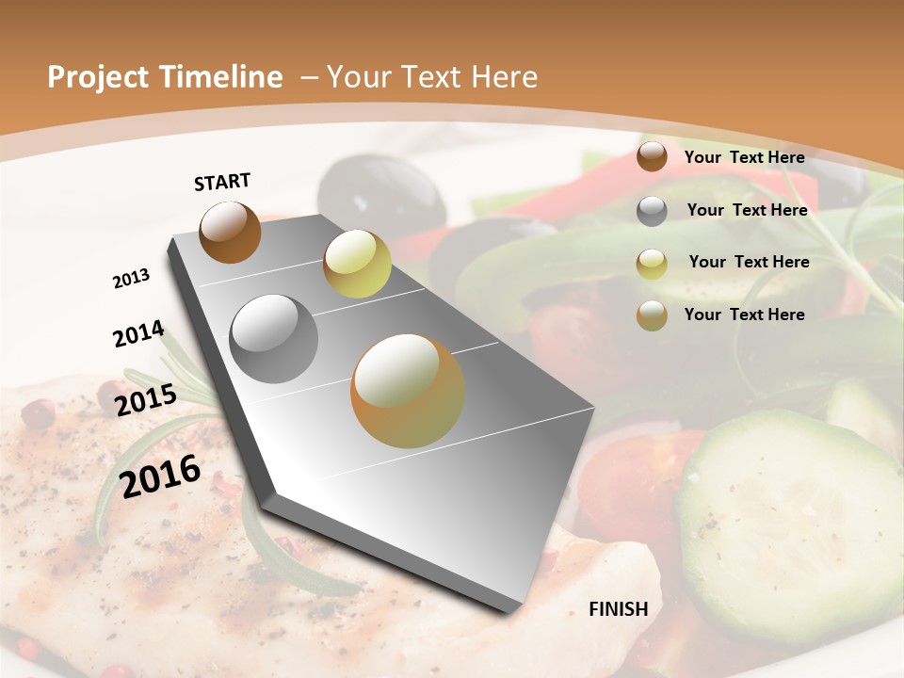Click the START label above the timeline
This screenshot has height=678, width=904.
point(222,182)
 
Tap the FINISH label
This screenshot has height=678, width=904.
point(618,609)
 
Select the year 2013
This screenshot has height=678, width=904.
point(131,279)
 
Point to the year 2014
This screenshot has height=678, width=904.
point(138,334)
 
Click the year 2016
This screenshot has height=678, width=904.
point(160,476)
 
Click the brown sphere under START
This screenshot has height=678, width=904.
point(230,232)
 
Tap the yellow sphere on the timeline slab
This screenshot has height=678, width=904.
point(357,264)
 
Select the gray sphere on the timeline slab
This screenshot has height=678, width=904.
point(274,338)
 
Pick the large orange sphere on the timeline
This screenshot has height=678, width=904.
point(407,391)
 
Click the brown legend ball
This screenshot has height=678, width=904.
point(652,157)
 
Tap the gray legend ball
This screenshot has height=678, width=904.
point(652,210)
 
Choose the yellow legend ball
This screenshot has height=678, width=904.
point(652,263)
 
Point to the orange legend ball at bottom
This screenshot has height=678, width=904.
point(652,315)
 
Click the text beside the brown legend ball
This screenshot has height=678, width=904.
point(744,157)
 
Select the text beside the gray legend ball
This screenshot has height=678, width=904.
point(747,210)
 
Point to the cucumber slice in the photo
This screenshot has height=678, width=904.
point(786,527)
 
